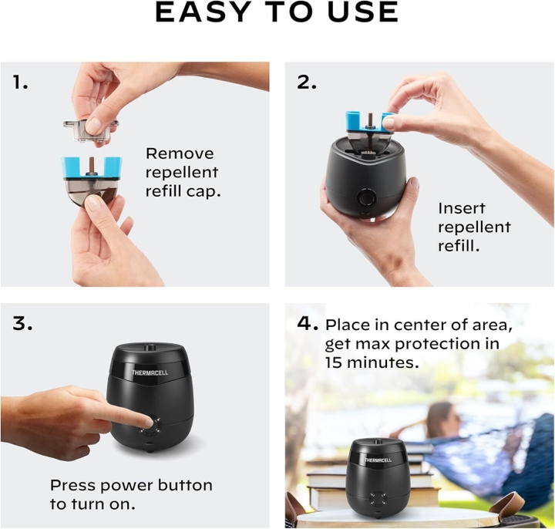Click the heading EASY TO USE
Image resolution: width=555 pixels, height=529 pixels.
277,13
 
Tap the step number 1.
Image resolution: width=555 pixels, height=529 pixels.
20,82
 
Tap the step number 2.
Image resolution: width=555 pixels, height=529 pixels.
307,82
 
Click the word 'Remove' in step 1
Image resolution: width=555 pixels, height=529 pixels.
180,153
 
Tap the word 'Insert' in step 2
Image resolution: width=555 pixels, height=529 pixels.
461,208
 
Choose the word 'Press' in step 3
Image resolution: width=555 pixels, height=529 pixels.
75,485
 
